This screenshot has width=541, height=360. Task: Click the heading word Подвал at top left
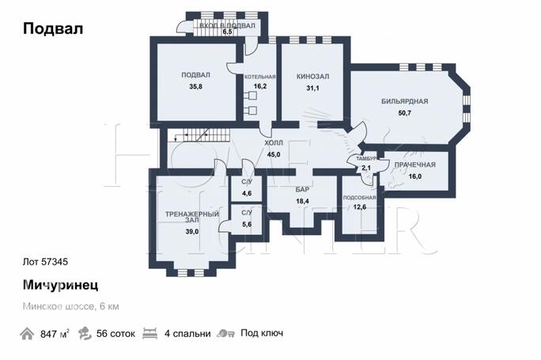pos(53,28)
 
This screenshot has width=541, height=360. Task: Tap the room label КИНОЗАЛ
pos(312,76)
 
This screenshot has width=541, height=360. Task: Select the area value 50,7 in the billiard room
pos(405,113)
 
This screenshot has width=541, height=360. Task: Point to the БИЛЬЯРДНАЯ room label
pos(405,101)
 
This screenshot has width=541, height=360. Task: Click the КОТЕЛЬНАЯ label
pos(259,77)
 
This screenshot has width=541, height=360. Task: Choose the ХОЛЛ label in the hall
pos(274,143)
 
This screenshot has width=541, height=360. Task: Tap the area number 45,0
pos(274,154)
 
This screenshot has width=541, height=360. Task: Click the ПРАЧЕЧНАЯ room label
pos(414,165)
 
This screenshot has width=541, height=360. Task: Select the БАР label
pos(302,189)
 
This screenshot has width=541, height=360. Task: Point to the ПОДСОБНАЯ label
pos(359,198)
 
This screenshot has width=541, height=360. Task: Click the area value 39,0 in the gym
pos(192,232)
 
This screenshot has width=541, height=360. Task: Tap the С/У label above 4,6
pos(247,182)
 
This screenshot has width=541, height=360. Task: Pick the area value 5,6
pos(247,225)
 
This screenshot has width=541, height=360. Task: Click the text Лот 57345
pos(45,262)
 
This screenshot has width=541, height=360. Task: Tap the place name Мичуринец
pos(60,285)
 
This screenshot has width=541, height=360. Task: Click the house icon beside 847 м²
pos(27,334)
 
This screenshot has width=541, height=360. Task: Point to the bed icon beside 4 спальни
pos(149,333)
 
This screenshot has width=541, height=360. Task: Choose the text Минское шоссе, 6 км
pos(70,306)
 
